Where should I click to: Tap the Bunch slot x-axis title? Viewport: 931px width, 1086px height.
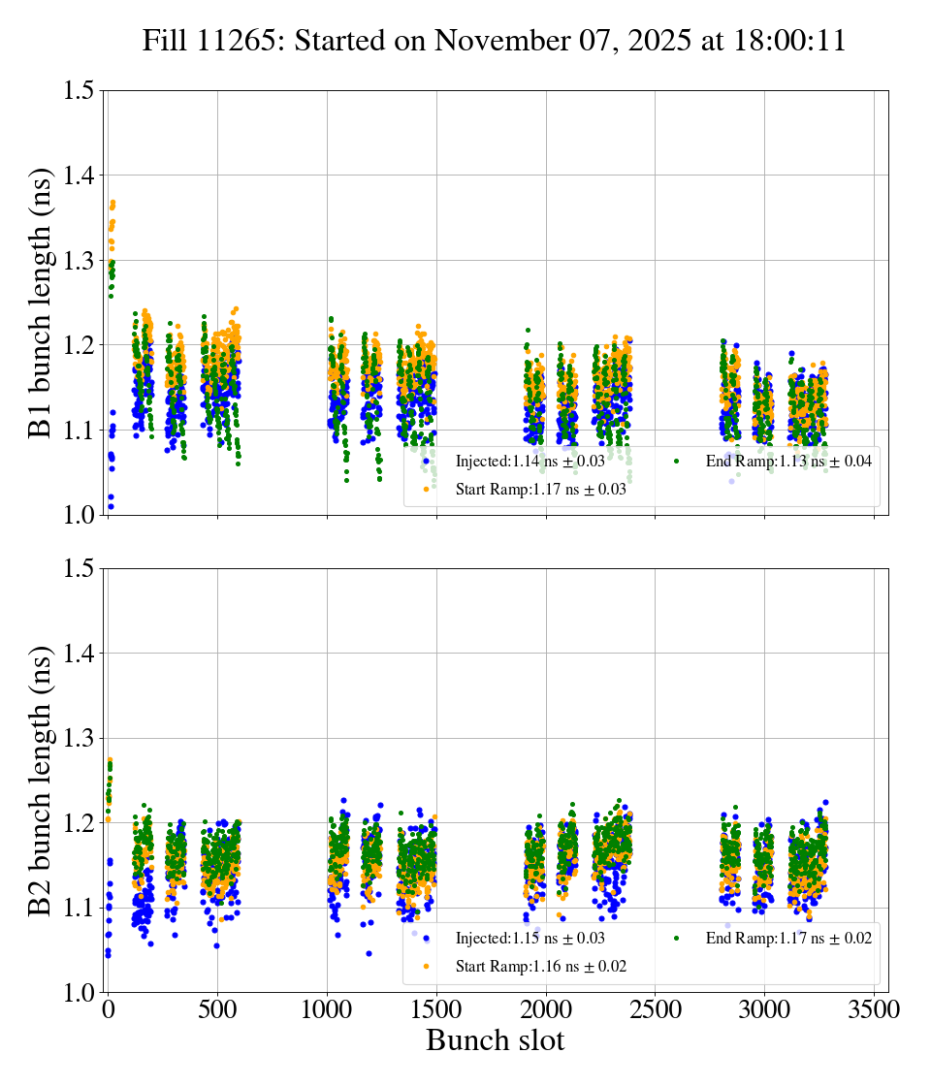pyautogui.click(x=495, y=1040)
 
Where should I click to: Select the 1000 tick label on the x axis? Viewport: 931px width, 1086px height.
pyautogui.click(x=327, y=1009)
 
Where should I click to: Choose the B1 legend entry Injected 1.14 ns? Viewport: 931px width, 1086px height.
pyautogui.click(x=530, y=462)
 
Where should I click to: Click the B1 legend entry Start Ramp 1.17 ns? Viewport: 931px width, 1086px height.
pyautogui.click(x=540, y=490)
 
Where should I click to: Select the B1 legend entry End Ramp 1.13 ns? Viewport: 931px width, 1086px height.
pyautogui.click(x=787, y=462)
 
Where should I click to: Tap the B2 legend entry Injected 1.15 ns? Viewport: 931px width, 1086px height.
pyautogui.click(x=530, y=939)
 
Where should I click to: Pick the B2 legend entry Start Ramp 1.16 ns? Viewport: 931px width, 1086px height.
pyautogui.click(x=540, y=967)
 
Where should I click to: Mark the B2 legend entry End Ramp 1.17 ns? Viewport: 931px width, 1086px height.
pyautogui.click(x=787, y=939)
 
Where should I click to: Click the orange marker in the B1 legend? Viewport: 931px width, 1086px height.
pyautogui.click(x=426, y=490)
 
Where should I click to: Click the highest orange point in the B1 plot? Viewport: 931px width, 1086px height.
pyautogui.click(x=113, y=203)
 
